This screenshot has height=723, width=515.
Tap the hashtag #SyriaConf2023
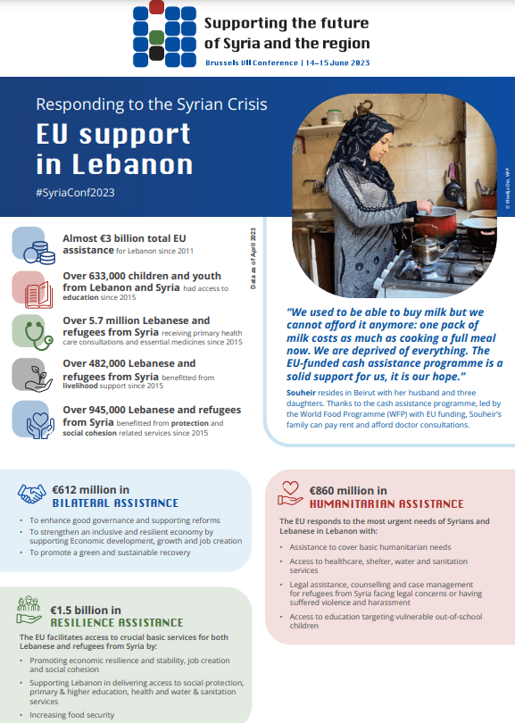pos(75,191)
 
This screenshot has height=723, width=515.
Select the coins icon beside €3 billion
pos(31,245)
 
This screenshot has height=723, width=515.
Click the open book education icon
pos(31,287)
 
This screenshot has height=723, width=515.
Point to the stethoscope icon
pos(31,331)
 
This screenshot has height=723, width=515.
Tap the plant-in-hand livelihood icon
pos(31,374)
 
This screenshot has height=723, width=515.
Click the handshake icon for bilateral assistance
pos(34,493)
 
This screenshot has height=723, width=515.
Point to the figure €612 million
pos(90,489)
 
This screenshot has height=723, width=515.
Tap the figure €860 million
pos(347,490)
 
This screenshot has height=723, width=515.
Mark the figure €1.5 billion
pos(85,608)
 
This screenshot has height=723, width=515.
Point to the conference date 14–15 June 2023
pos(336,63)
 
